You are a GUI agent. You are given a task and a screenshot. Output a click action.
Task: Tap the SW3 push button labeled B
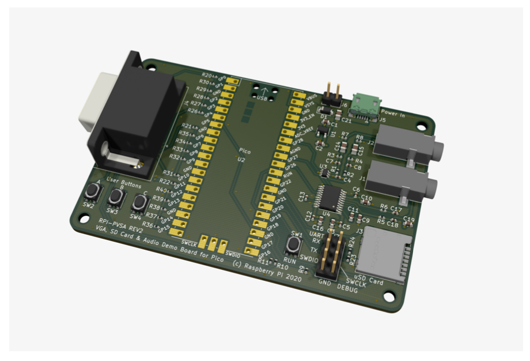tap(116, 197)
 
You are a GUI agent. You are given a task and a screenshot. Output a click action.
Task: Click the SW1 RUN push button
tap(293, 245)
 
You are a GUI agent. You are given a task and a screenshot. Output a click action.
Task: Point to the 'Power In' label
tap(393, 115)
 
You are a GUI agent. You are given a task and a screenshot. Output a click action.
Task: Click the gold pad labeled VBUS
tap(299, 93)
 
